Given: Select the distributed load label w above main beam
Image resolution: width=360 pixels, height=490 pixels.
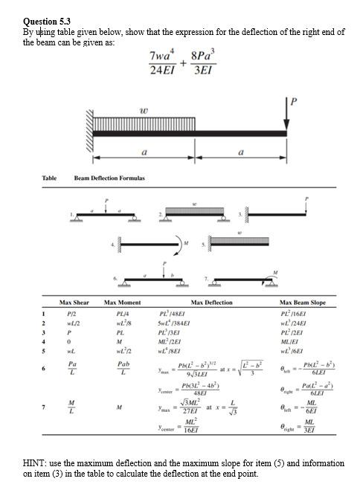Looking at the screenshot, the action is coord(143,111).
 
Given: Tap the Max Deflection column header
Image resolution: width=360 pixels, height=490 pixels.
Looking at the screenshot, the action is coord(211,303).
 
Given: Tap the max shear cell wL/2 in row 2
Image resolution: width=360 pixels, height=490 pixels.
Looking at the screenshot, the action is coord(73,322).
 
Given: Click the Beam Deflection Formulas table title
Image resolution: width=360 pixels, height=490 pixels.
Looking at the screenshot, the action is coord(109,178).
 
